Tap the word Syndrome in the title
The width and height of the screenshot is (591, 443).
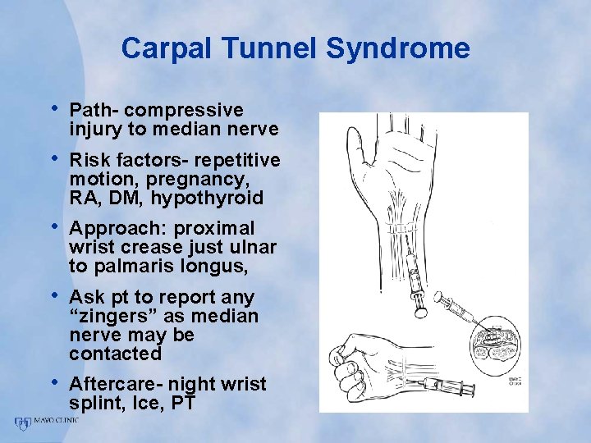398,48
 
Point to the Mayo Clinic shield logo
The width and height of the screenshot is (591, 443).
22,422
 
